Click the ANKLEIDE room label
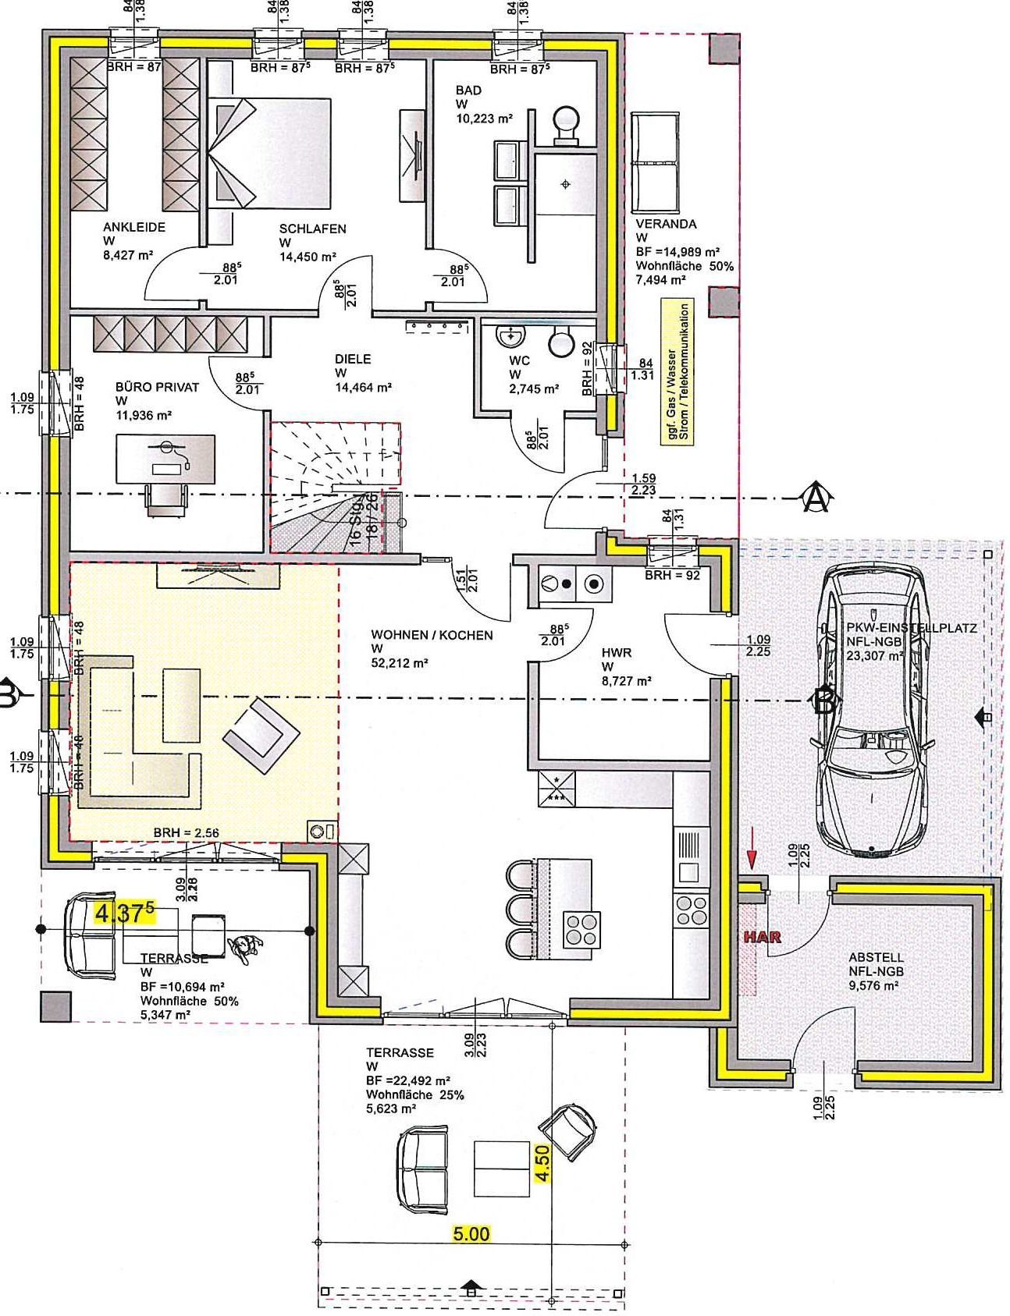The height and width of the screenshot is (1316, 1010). tap(133, 228)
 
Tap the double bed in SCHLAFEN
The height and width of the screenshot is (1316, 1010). tap(269, 152)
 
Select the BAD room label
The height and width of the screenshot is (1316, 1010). tap(468, 90)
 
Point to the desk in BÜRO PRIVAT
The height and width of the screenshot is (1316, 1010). tap(165, 459)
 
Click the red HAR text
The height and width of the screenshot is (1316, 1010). tap(762, 938)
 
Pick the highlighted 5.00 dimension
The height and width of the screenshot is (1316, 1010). tap(471, 1234)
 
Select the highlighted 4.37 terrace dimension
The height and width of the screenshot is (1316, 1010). tap(124, 912)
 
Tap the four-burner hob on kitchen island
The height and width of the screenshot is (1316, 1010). tap(582, 928)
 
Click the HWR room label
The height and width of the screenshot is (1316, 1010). tap(616, 652)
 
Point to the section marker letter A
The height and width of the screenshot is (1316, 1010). tap(816, 497)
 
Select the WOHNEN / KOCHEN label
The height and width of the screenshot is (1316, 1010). tap(432, 635)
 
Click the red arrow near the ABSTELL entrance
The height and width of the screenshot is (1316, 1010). tap(752, 858)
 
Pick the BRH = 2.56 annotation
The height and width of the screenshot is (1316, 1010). tap(186, 832)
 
